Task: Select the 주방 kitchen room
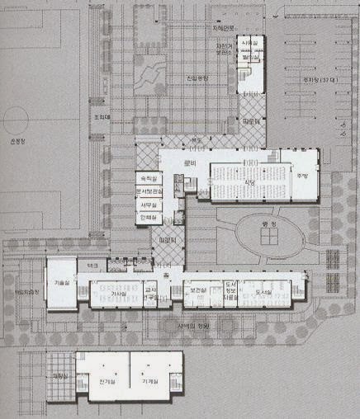[x=302, y=176]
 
